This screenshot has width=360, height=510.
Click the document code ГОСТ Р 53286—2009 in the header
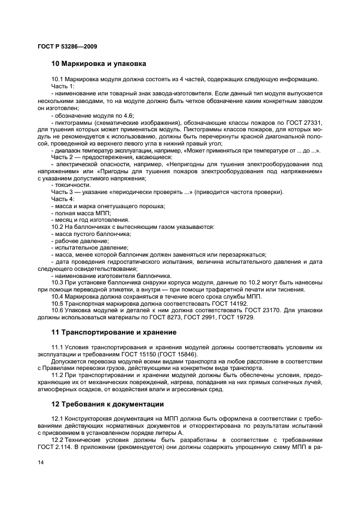click(68, 46)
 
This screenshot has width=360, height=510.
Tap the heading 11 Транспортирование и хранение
click(113, 332)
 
